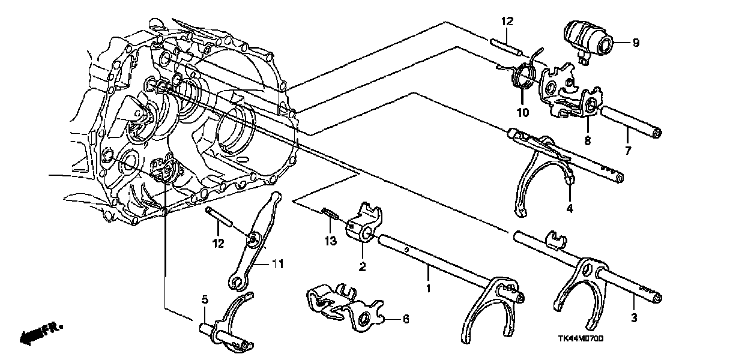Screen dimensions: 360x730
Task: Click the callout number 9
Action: click(636, 43)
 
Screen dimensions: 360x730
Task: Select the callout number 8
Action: click(588, 140)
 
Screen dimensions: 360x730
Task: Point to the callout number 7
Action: click(629, 151)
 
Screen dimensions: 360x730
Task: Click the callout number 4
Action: click(570, 209)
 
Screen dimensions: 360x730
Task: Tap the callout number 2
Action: click(363, 266)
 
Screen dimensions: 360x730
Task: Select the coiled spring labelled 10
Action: click(523, 77)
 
